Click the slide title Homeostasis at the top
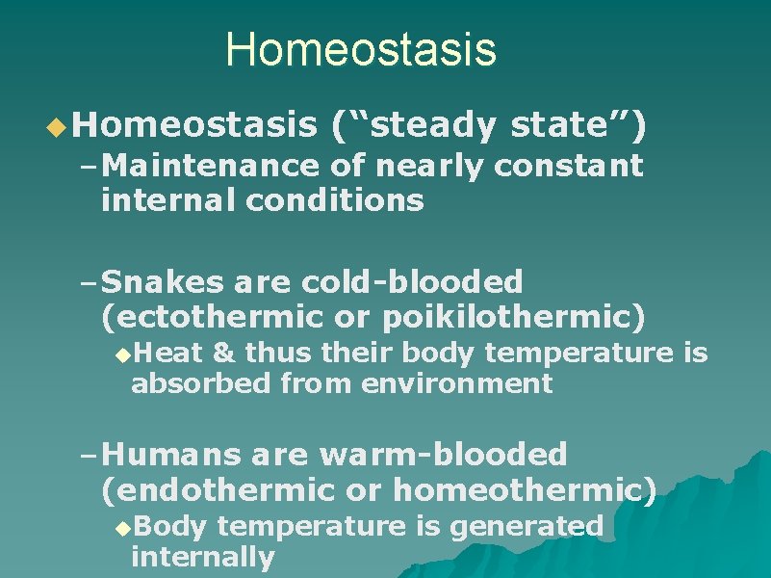click(361, 50)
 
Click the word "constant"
click(568, 167)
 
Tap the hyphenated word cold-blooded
click(412, 282)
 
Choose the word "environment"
click(456, 384)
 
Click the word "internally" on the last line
click(203, 557)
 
